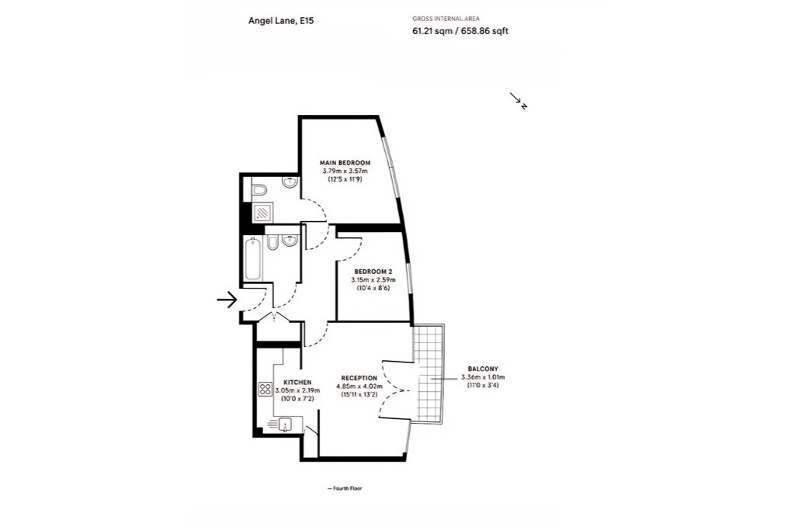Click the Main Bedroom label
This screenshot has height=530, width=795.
click(x=345, y=163)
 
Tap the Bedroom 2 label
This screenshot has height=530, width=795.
click(x=373, y=272)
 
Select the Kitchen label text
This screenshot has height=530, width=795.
click(x=297, y=382)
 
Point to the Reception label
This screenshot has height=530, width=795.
click(x=359, y=378)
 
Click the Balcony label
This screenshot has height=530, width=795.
click(x=483, y=369)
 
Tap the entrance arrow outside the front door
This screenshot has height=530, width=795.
click(x=227, y=300)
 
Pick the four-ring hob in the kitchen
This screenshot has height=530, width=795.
click(x=266, y=389)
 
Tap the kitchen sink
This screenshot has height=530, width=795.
click(x=286, y=424)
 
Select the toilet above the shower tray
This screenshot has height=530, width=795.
click(x=259, y=189)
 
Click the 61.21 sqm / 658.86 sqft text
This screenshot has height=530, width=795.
click(x=460, y=31)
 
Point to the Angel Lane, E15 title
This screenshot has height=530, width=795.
click(x=281, y=21)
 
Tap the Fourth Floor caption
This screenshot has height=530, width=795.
click(x=345, y=488)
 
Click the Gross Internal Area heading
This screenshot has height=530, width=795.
click(x=446, y=19)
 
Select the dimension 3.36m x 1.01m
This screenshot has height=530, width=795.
click(x=483, y=377)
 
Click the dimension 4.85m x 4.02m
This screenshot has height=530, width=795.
click(x=359, y=386)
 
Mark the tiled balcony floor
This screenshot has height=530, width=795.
click(x=429, y=374)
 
